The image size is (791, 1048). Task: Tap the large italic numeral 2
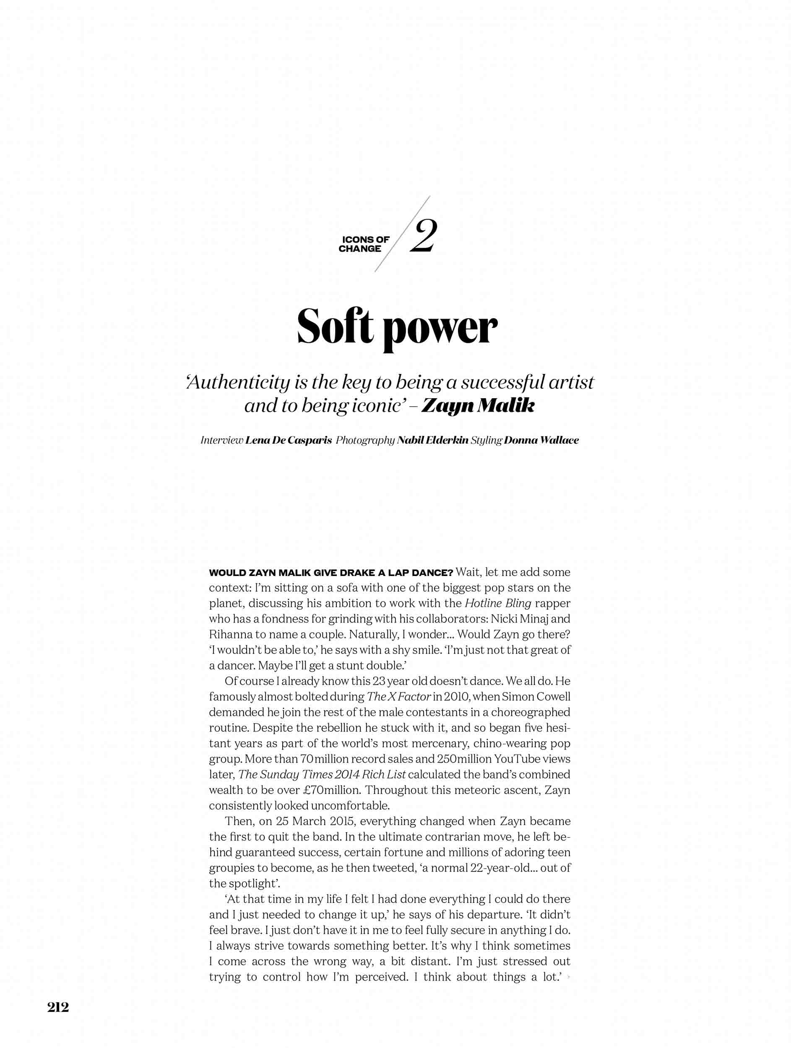423,236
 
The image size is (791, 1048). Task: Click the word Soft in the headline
335,327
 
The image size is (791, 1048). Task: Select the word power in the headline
440,329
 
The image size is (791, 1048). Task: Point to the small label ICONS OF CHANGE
364,244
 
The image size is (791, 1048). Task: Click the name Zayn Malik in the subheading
477,406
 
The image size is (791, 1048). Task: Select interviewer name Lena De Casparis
288,440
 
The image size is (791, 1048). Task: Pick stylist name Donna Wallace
541,440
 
